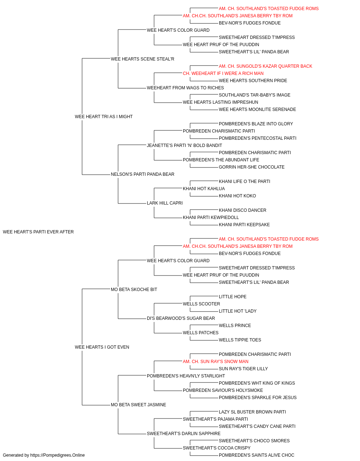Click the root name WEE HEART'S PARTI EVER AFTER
[x=38, y=232]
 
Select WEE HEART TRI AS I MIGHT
[x=104, y=117]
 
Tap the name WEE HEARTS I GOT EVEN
[x=102, y=347]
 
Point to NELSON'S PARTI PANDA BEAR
[x=143, y=174]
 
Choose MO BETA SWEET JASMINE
[x=139, y=405]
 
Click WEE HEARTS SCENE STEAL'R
[x=143, y=59]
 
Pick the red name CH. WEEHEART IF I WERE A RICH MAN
[x=223, y=73]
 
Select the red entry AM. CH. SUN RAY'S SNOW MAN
[x=216, y=362]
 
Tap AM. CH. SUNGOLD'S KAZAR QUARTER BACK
[x=265, y=66]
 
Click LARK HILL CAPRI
[x=165, y=203]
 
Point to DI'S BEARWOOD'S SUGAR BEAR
[x=181, y=318]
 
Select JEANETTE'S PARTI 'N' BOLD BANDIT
[x=184, y=145]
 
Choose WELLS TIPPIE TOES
[x=240, y=340]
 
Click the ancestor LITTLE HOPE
[x=233, y=296]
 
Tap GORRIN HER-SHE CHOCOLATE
[x=252, y=167]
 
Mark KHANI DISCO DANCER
[x=243, y=210]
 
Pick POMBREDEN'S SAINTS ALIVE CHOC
[x=257, y=455]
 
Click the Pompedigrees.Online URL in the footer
[x=58, y=455]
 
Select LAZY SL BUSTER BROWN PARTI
[x=252, y=412]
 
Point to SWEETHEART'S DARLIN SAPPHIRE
[x=184, y=433]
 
